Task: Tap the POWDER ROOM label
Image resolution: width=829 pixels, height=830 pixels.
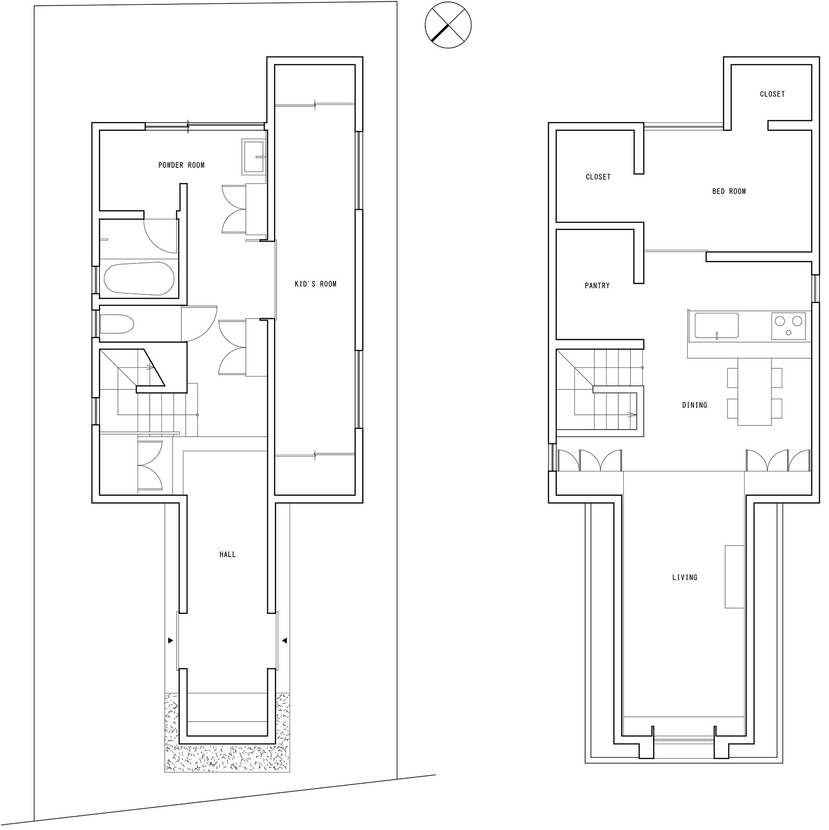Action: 181,165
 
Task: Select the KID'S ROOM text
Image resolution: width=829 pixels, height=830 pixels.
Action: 316,284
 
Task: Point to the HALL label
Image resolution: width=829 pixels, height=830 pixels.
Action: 228,554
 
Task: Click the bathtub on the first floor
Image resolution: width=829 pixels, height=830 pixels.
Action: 138,279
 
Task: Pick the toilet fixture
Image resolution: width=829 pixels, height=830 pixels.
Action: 117,324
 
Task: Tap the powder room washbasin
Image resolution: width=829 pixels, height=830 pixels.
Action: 254,157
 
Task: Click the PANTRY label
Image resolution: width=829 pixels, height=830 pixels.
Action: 597,286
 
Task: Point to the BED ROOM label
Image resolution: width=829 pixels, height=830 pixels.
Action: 729,191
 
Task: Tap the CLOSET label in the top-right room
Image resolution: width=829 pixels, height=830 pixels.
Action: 772,94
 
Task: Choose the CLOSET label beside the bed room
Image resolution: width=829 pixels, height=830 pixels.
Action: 598,177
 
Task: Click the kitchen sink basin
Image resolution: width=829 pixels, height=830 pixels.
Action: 716,325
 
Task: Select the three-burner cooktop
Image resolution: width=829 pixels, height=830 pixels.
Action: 789,325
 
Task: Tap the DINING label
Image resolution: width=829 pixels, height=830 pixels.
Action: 694,405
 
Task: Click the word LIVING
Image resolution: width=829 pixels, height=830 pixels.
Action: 685,577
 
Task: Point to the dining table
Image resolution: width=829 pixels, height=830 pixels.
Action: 754,392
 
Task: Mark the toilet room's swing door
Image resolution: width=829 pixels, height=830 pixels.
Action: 199,324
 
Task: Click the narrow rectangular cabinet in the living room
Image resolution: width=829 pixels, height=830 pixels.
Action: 734,576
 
